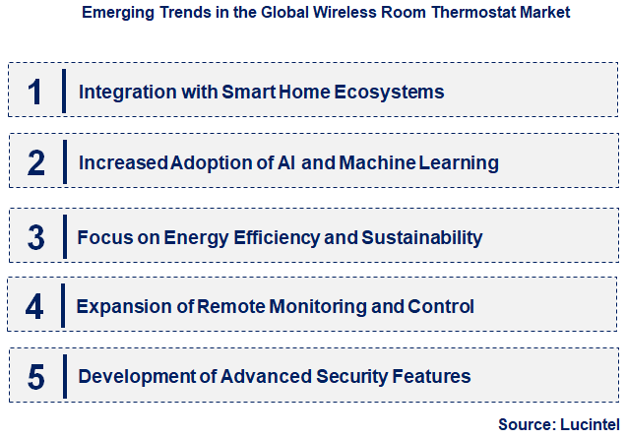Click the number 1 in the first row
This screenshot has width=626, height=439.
[35, 92]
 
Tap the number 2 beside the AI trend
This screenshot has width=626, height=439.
[35, 162]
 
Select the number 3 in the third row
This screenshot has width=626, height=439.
[35, 236]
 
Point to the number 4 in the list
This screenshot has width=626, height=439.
[35, 306]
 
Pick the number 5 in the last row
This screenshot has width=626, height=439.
[35, 377]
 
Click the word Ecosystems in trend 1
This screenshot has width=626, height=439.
[391, 93]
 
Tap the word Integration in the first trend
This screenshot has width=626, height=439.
[121, 93]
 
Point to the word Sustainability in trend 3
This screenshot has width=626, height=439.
[425, 237]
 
